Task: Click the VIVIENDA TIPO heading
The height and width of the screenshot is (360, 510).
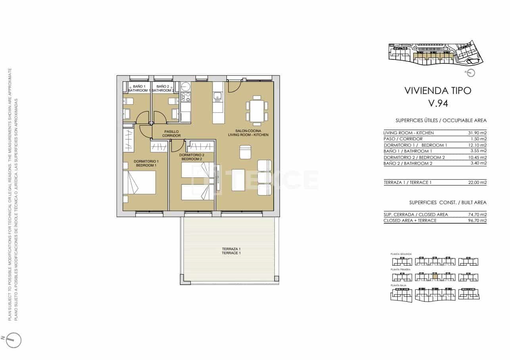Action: [x=438, y=90]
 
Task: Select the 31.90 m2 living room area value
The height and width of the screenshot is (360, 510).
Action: [x=477, y=133]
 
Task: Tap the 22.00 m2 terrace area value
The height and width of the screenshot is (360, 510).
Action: [x=477, y=183]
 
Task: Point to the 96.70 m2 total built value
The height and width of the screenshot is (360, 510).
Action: [x=477, y=220]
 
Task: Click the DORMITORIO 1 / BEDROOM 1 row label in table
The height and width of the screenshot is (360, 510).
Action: [x=415, y=145]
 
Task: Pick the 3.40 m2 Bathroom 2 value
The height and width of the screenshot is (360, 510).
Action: [x=477, y=163]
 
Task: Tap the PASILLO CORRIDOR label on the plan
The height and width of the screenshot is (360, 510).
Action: [x=171, y=134]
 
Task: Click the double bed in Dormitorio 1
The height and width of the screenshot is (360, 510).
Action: [x=140, y=183]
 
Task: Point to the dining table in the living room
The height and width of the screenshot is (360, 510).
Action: [x=257, y=111]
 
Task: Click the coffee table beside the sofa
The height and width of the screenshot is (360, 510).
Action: [x=238, y=180]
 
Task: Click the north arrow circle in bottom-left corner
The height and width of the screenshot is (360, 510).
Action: [x=13, y=339]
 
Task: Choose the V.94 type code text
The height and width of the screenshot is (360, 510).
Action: [x=438, y=104]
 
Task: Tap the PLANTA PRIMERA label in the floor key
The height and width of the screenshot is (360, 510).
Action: [x=401, y=269]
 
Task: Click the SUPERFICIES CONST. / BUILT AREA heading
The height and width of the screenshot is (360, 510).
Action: [x=448, y=203]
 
